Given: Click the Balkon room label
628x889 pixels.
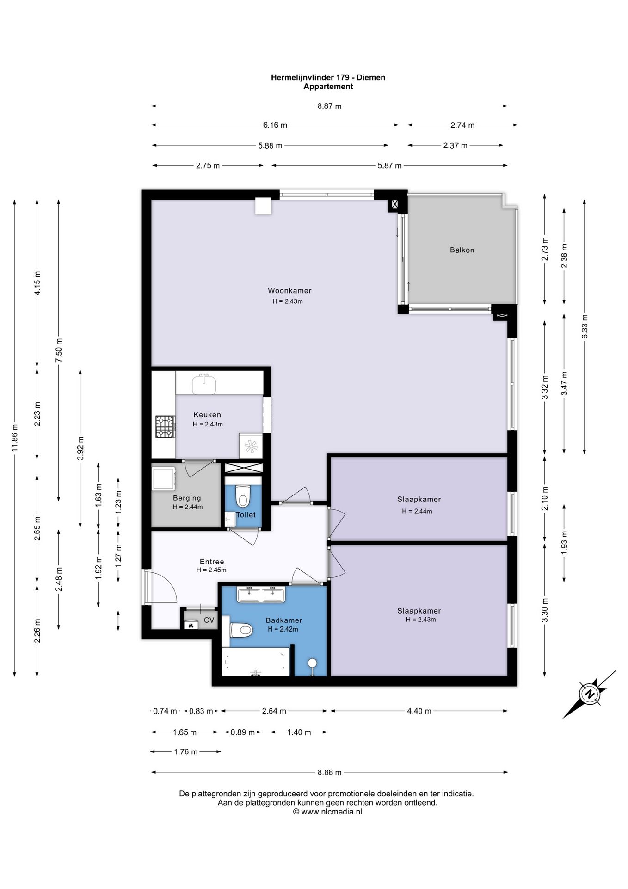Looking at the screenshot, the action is [x=462, y=250].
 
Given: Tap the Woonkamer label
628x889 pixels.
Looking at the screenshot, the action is [x=289, y=291].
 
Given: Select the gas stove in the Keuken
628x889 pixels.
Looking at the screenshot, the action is [x=165, y=427].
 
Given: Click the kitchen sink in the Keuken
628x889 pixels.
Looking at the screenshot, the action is [x=204, y=384].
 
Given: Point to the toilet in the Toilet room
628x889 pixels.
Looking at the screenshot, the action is [x=242, y=496].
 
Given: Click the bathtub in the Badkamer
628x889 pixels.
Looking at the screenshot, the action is [x=256, y=662].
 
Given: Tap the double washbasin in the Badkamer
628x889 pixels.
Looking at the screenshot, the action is [x=261, y=594].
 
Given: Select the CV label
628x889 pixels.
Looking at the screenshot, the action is [x=209, y=620].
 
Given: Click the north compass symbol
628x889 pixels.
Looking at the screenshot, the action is [x=590, y=694].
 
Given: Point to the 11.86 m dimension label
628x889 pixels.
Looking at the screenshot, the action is [x=15, y=438].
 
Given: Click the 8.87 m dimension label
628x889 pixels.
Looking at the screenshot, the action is [x=329, y=106].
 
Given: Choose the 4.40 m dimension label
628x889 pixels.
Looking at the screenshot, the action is [x=419, y=711].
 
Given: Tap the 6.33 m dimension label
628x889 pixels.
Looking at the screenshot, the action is [x=585, y=326].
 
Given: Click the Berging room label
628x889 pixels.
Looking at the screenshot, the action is [x=187, y=498].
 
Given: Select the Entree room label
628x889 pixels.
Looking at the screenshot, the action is [x=212, y=562].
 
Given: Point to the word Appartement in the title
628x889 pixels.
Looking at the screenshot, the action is [x=328, y=86].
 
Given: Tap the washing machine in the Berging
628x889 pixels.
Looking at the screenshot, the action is [x=164, y=478].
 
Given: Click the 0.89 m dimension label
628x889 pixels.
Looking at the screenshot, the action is [x=242, y=732].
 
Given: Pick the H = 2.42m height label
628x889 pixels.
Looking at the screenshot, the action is [x=283, y=629].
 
